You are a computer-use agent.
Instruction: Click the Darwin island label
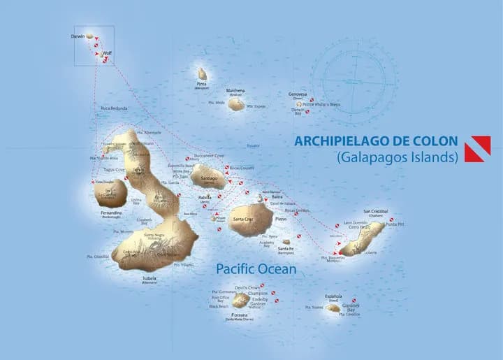[x=78, y=36]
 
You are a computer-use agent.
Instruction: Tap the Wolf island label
[x=107, y=52]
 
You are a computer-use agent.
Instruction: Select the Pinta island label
[x=202, y=84]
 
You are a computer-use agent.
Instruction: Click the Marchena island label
[x=235, y=90]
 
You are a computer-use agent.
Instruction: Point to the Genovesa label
[x=298, y=94]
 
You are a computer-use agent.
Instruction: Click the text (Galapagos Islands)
[x=397, y=157]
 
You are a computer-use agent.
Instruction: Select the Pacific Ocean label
[x=256, y=269]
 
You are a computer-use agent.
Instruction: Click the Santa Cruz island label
[x=244, y=219]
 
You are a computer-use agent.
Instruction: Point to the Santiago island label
[x=209, y=178]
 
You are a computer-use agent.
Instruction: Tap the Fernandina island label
[x=111, y=212]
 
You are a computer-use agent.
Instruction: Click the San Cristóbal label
[x=375, y=211]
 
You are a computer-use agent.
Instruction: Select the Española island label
[x=333, y=296]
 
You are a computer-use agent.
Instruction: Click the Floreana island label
[x=240, y=315]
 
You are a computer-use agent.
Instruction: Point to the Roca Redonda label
[x=115, y=108]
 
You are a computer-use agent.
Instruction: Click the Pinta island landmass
[x=202, y=73]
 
